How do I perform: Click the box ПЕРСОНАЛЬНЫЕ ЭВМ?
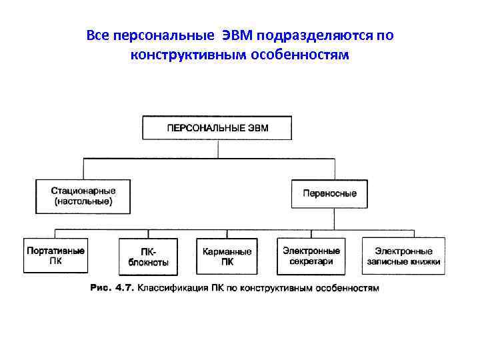click(217, 128)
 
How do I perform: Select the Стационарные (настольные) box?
click(83, 195)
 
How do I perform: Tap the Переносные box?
click(329, 194)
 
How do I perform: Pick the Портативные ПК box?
click(55, 256)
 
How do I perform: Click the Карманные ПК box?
click(227, 257)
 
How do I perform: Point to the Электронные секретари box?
click(311, 256)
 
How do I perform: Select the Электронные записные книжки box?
click(403, 256)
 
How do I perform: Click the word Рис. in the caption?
click(101, 289)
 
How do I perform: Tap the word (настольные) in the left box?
click(83, 200)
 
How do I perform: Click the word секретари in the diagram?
click(311, 262)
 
